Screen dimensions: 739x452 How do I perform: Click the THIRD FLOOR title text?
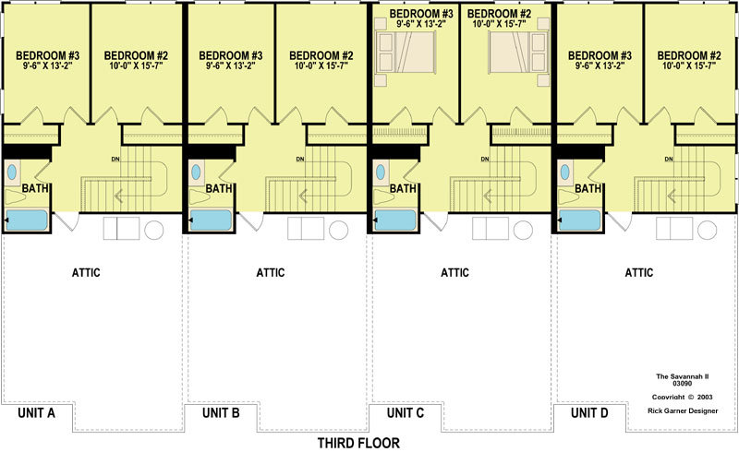(x=358, y=443)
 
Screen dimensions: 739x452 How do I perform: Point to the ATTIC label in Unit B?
(x=271, y=273)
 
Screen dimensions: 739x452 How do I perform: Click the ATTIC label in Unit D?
(x=639, y=273)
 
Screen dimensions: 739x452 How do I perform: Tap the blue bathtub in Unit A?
(x=27, y=220)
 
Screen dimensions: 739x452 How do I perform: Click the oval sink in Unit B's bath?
(x=196, y=172)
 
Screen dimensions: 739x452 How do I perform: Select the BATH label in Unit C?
(x=403, y=188)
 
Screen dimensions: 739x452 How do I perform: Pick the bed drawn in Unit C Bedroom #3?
(x=406, y=53)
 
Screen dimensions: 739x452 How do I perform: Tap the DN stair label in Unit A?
(x=115, y=160)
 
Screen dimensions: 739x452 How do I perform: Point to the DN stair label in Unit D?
(x=668, y=160)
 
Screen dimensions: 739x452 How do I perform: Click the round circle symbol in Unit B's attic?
(x=338, y=231)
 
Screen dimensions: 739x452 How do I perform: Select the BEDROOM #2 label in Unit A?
(x=136, y=55)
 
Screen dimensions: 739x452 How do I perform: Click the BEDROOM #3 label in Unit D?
(x=600, y=55)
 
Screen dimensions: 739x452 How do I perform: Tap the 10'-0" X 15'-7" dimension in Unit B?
(x=321, y=65)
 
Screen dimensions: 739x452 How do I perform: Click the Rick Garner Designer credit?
(x=683, y=410)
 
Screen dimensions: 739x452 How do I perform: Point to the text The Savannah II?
(x=683, y=376)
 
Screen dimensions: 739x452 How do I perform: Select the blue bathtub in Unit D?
(x=580, y=220)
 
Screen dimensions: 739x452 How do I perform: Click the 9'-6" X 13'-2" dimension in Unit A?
(x=47, y=65)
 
